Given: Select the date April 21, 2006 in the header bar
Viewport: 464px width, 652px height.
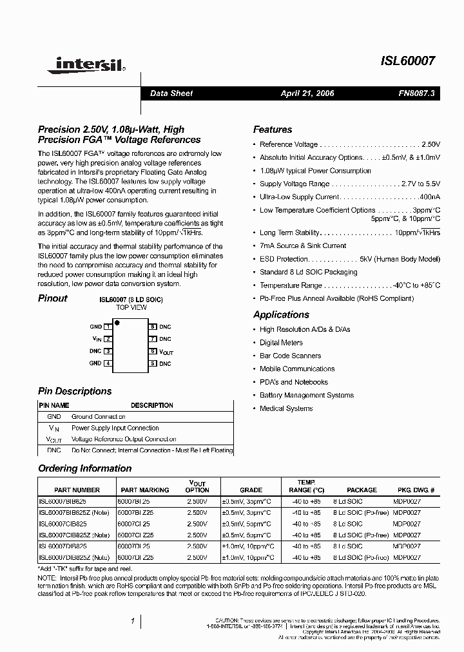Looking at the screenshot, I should click(307, 93).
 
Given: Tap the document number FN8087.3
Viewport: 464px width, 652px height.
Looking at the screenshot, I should click(416, 93).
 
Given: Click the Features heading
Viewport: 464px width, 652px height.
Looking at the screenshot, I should click(272, 129).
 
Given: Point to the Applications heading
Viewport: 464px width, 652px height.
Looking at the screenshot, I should click(281, 314).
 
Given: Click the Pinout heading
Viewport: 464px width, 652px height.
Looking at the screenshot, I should click(52, 298).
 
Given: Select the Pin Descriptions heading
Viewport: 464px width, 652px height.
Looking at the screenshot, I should click(75, 391).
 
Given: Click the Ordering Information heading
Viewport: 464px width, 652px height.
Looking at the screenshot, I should click(84, 468).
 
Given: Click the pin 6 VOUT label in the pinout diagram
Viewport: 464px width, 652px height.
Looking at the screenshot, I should click(166, 352).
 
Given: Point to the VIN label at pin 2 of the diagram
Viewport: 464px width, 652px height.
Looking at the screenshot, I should click(97, 339).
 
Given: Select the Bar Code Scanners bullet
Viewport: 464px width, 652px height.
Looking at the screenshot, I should click(290, 356).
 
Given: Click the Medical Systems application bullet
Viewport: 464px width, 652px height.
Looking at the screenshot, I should click(286, 408).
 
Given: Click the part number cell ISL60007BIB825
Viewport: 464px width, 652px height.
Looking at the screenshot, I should click(63, 501).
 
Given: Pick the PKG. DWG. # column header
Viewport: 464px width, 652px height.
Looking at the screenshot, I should click(416, 490).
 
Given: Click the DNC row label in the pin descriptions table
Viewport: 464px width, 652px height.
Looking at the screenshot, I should click(54, 451).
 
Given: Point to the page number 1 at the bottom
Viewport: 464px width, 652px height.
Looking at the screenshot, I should click(132, 621).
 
